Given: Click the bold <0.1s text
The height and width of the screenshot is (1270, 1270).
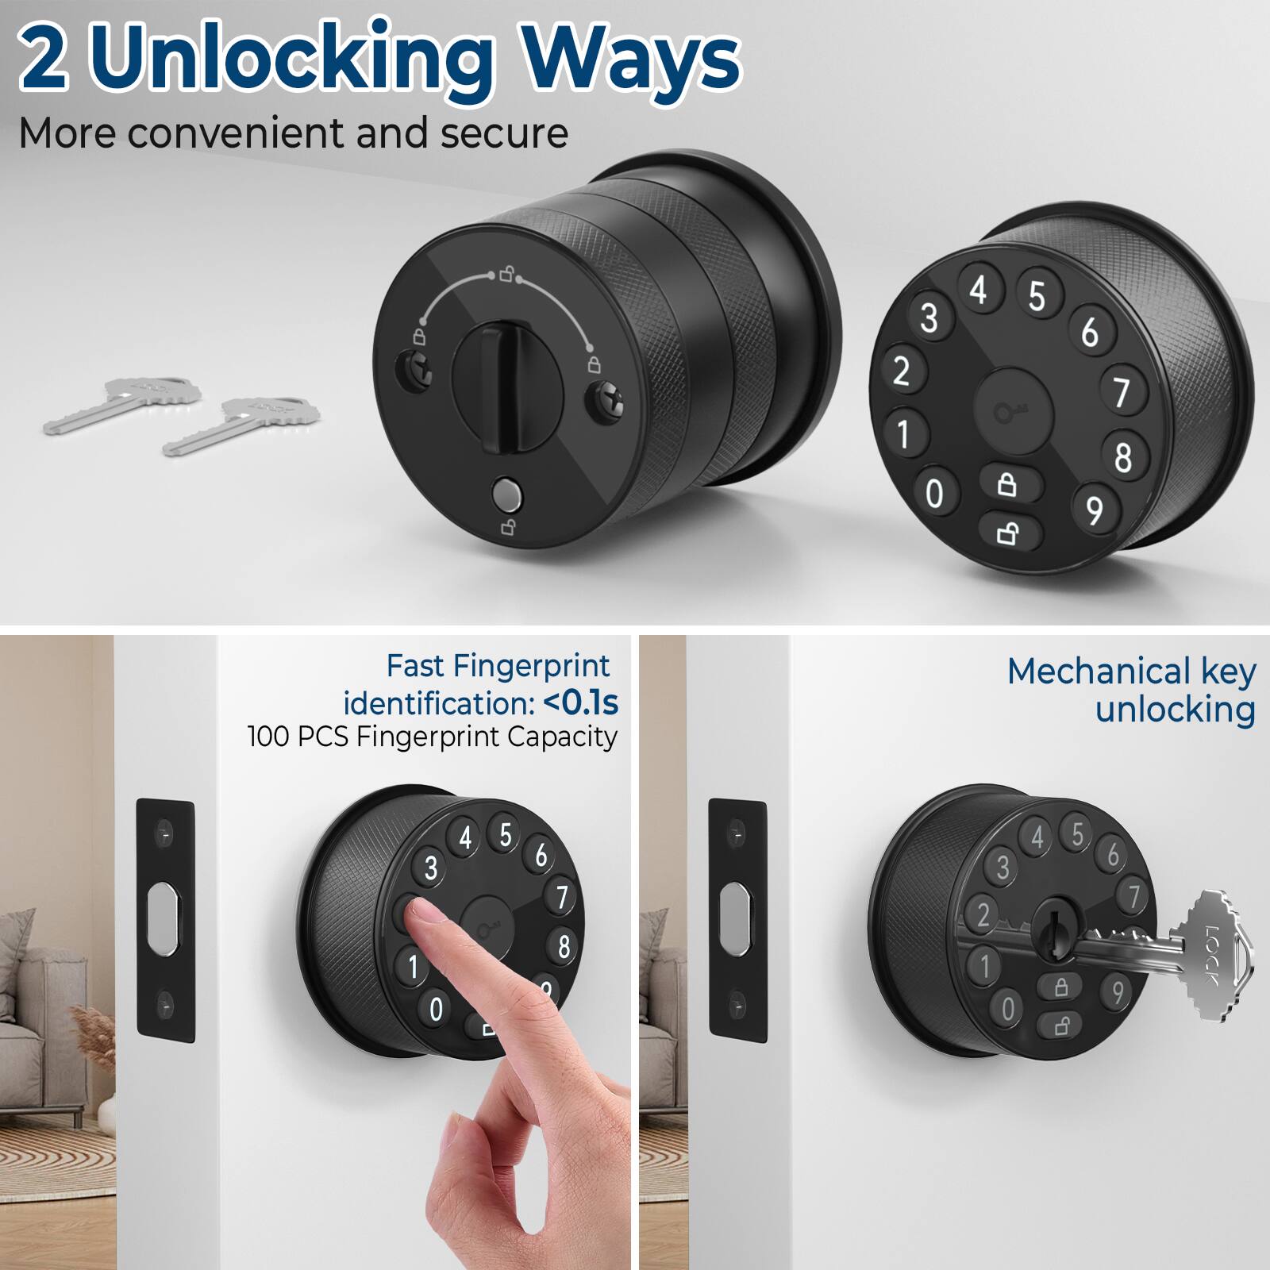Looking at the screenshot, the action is click(581, 702).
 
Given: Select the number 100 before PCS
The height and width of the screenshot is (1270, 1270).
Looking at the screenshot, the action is click(268, 737).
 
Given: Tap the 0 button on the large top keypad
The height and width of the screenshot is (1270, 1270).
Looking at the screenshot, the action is click(935, 494).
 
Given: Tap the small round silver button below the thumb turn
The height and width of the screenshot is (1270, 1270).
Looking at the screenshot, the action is click(506, 495).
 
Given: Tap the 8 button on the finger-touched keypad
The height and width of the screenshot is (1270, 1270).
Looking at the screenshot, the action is click(563, 945).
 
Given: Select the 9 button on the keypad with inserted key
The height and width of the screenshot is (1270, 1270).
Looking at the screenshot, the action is click(1117, 991).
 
